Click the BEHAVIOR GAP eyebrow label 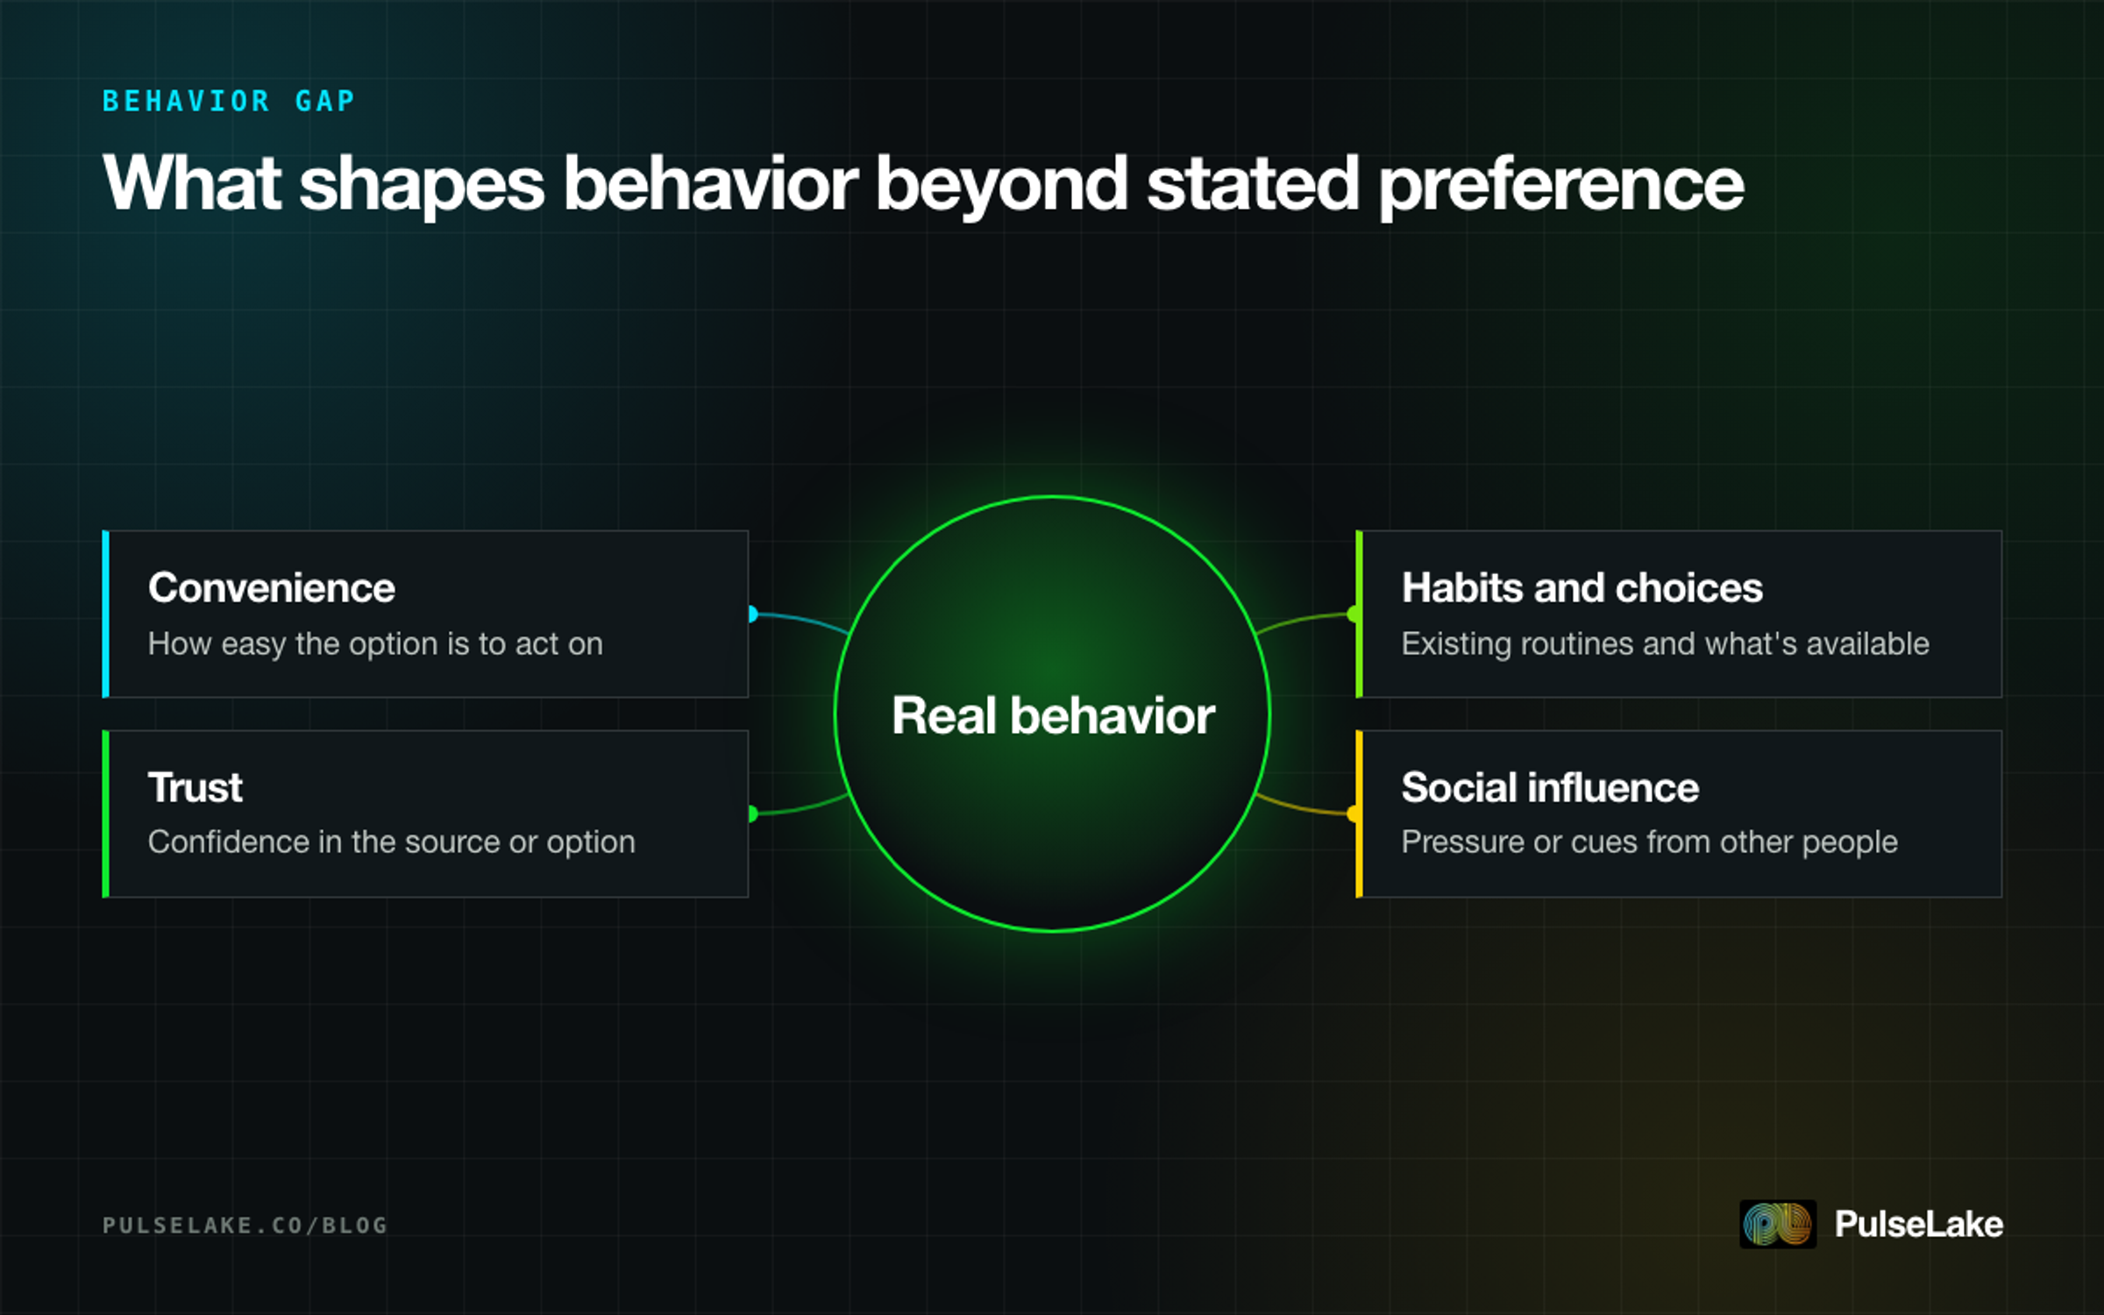tap(229, 102)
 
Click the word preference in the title tap(1561, 186)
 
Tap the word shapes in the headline tap(422, 186)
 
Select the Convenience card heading tap(272, 587)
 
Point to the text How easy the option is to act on tap(375, 644)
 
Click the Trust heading tap(195, 787)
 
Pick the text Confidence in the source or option tap(391, 842)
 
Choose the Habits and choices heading tap(1582, 587)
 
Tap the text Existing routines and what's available tap(1666, 644)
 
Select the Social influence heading tap(1550, 787)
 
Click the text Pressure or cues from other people tap(1650, 842)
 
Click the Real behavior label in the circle tap(1053, 715)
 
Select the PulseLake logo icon tap(1778, 1224)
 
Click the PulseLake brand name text tap(1919, 1224)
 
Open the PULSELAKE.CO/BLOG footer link tap(245, 1225)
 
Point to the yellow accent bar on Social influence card tap(1359, 814)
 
